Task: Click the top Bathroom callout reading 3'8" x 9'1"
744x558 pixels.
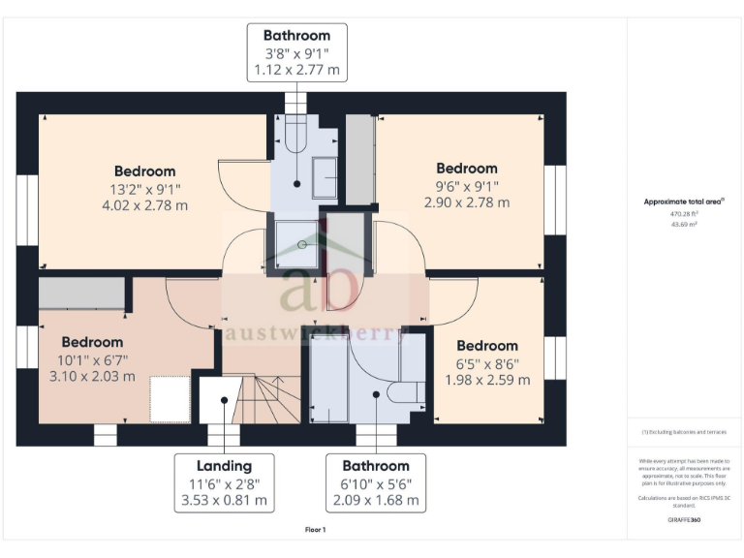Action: pyautogui.click(x=296, y=52)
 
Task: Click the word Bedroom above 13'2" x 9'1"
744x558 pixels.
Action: pyautogui.click(x=144, y=171)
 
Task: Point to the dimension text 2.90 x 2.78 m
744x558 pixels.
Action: pyautogui.click(x=466, y=202)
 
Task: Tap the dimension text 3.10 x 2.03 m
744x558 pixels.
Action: pyautogui.click(x=92, y=376)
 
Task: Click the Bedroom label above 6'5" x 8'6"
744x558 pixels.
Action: pyautogui.click(x=486, y=346)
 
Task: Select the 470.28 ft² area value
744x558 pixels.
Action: pyautogui.click(x=684, y=214)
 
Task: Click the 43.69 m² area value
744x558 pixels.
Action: pyautogui.click(x=684, y=224)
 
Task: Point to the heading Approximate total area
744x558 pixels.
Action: pyautogui.click(x=684, y=201)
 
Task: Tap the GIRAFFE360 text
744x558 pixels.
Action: pyautogui.click(x=684, y=520)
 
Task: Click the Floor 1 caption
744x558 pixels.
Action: pyautogui.click(x=316, y=531)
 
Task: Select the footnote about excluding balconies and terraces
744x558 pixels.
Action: pyautogui.click(x=684, y=432)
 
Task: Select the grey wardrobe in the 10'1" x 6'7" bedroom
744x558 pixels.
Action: pyautogui.click(x=81, y=294)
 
